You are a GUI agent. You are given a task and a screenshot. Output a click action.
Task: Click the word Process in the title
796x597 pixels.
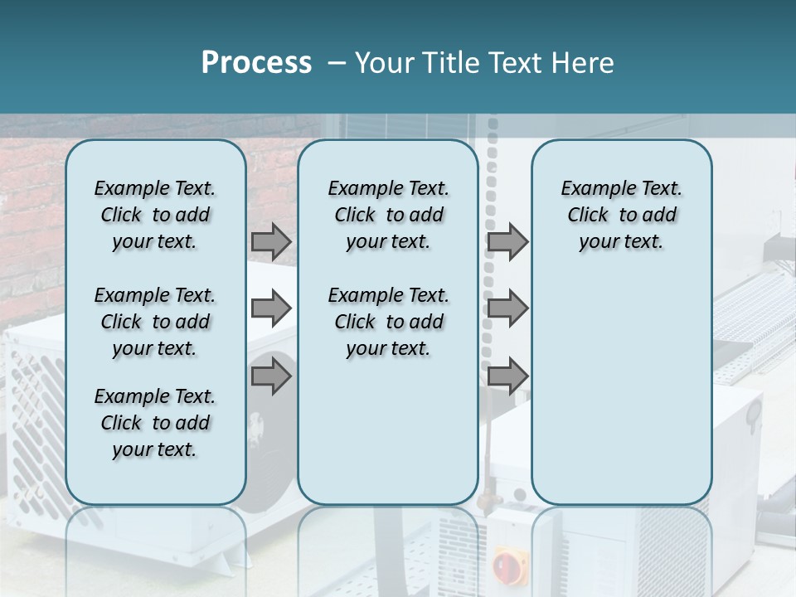(256, 63)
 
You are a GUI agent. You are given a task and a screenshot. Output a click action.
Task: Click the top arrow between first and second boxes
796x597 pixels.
(271, 241)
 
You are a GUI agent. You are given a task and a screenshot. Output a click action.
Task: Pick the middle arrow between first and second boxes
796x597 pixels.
(271, 309)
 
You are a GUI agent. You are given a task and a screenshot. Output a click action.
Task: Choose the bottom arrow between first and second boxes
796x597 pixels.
(271, 376)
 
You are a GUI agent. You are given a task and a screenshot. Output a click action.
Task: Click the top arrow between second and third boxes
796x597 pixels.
(507, 241)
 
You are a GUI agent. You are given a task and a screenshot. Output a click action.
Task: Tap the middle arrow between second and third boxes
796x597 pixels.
(507, 309)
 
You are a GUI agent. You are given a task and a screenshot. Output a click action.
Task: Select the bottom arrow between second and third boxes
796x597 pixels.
(507, 376)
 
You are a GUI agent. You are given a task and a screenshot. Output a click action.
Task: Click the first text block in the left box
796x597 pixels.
(155, 215)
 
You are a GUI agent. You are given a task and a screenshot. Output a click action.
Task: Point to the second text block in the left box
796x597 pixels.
(155, 322)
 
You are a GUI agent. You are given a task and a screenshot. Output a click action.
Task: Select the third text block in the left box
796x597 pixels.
(155, 423)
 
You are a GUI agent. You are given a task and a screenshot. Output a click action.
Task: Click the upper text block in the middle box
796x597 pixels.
(388, 215)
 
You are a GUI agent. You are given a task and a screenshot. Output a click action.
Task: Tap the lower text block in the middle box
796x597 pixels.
(388, 322)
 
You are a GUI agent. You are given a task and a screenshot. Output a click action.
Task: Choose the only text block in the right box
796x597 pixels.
(621, 215)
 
